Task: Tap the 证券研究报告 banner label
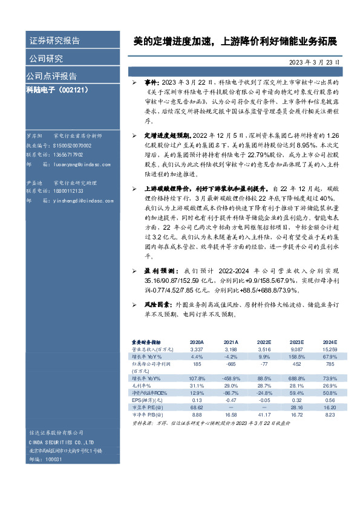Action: point(55,41)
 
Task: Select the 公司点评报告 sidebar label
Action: point(51,76)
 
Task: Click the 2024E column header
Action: point(330,342)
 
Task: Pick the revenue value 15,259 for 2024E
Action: point(329,349)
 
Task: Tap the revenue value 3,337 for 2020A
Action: point(197,349)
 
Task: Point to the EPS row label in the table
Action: point(140,400)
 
